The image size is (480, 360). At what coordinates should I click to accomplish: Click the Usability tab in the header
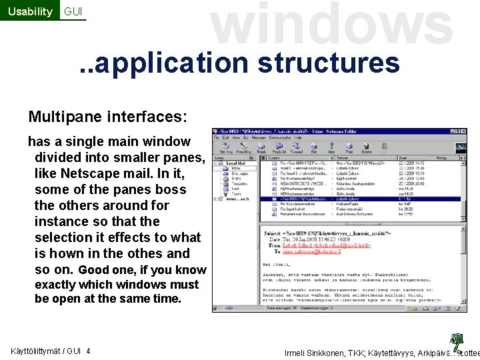click(29, 11)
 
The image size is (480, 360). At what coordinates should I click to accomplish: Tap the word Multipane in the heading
click(63, 117)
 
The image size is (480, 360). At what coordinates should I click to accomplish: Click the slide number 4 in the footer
click(89, 351)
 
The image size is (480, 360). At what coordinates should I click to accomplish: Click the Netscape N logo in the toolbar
click(460, 147)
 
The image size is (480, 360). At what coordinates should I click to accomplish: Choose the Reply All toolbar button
click(278, 147)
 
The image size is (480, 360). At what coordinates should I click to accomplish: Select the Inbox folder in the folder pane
click(236, 169)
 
